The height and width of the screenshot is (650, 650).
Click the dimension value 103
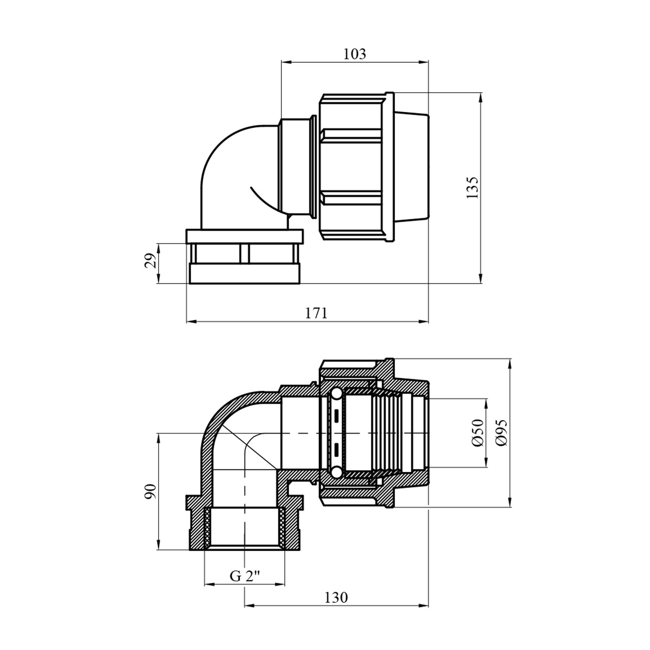354,54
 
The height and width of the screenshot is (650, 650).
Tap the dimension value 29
150,261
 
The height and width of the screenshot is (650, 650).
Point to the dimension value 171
316,313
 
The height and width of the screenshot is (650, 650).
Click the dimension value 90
150,491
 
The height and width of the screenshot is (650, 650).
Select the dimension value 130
336,598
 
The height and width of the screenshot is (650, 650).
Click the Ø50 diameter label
478,432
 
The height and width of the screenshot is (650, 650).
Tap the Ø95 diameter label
502,432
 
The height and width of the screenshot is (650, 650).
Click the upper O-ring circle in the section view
336,394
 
